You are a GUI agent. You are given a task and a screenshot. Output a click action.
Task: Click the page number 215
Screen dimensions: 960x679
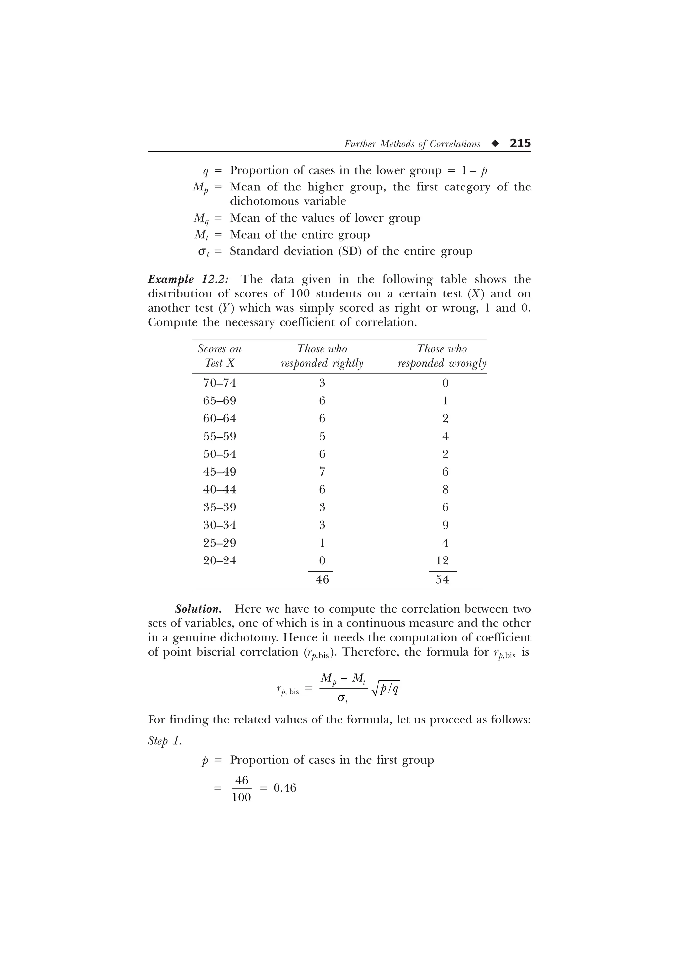click(520, 143)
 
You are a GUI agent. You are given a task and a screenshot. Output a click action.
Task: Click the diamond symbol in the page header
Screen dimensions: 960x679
click(495, 144)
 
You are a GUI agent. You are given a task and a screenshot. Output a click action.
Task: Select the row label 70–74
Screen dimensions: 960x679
click(219, 383)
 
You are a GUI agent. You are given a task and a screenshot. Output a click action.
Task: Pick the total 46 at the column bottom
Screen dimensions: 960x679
click(322, 579)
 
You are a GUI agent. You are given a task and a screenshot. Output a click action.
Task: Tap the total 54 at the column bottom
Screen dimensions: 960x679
click(442, 579)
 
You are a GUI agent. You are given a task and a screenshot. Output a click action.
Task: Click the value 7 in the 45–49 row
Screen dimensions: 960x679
click(322, 472)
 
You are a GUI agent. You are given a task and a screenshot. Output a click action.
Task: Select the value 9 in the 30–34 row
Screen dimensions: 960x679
click(445, 525)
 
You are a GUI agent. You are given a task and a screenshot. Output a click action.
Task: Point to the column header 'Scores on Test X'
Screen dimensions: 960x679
click(219, 356)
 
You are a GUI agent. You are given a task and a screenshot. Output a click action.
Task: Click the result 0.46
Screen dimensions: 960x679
click(284, 788)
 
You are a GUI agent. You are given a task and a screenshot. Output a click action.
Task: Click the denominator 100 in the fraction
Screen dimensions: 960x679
click(241, 797)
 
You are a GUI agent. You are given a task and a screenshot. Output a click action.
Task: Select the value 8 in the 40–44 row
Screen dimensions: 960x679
click(445, 489)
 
